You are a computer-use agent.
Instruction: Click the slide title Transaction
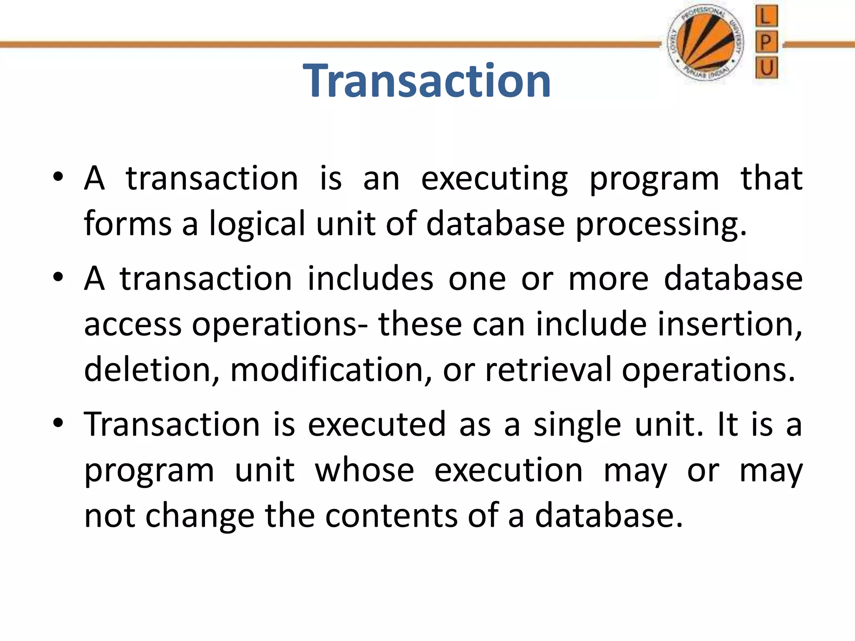427,81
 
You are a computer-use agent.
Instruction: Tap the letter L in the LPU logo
766,17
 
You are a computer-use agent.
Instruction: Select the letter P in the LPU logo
766,42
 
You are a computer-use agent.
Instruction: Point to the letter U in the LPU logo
766,67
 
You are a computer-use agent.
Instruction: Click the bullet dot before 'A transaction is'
58,177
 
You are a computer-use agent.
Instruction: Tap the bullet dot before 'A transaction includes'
58,277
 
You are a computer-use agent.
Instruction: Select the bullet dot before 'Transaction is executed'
58,423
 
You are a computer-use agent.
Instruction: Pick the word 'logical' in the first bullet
257,225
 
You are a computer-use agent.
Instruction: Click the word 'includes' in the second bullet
370,278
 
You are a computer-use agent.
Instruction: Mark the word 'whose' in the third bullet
364,470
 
